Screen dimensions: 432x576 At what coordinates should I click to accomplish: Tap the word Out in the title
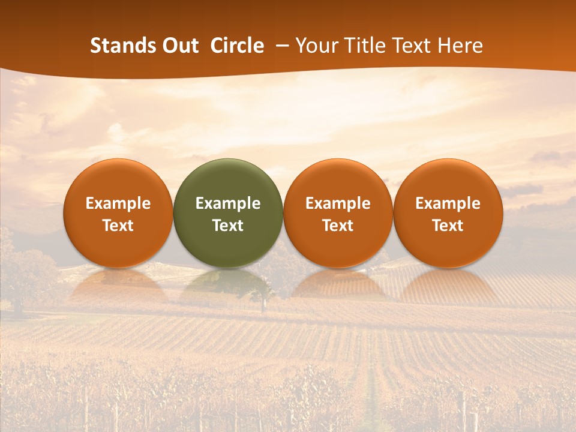178,46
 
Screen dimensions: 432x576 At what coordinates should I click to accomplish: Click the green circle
228,180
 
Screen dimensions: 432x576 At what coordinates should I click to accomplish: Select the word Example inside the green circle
228,203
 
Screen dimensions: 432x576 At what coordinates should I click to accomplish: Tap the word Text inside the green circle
228,226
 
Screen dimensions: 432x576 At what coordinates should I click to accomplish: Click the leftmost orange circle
118,180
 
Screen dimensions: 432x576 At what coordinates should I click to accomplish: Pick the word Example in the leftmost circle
118,203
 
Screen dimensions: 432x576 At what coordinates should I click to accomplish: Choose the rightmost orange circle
448,180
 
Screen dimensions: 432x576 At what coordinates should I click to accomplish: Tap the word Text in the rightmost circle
448,226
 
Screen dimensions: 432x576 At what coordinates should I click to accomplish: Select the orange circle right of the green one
338,180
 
